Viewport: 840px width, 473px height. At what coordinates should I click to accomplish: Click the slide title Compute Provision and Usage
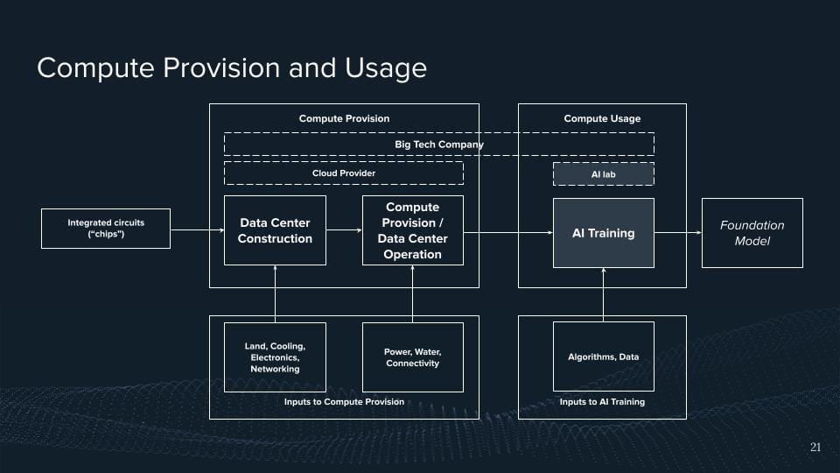pos(231,68)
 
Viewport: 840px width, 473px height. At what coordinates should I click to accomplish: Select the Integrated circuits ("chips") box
pos(106,229)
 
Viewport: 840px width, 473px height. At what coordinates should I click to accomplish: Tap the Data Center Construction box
pos(275,230)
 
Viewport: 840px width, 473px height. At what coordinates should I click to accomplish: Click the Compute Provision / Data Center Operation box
pos(412,230)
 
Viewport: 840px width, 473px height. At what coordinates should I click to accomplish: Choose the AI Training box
pos(603,233)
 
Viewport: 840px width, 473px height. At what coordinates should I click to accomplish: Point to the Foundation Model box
pos(752,233)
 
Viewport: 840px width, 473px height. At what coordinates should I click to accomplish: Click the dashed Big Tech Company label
pos(438,145)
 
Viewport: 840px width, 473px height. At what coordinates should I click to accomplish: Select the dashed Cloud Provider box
pos(343,173)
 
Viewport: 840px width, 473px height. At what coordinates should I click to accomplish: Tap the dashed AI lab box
pos(603,174)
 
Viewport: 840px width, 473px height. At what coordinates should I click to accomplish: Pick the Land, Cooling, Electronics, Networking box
pos(275,357)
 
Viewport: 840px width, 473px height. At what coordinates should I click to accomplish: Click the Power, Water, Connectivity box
pos(412,357)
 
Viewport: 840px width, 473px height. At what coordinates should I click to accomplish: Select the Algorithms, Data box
pos(603,357)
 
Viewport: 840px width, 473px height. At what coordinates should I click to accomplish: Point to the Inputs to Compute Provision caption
pos(344,402)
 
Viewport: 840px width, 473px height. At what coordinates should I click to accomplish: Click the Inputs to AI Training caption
pos(602,402)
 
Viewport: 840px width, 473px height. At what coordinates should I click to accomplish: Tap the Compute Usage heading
pos(602,118)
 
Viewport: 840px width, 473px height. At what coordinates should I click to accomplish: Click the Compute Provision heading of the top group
pos(344,118)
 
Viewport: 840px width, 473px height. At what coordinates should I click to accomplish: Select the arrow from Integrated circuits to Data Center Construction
pos(197,230)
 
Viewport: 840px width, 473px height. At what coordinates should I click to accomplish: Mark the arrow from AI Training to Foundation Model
pos(677,233)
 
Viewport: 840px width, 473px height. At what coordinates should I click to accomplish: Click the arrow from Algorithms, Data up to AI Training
pos(603,294)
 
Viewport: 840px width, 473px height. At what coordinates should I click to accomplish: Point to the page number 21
pos(815,448)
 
